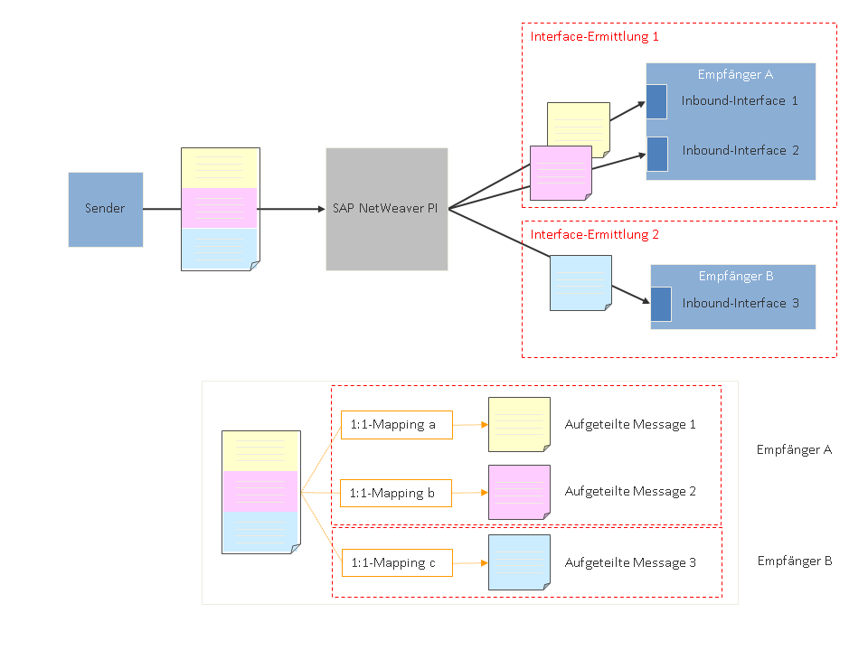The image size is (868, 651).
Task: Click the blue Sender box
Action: [x=106, y=209]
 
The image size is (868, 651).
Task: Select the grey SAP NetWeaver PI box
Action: [x=386, y=209]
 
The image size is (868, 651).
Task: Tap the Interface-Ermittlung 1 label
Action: [x=594, y=37]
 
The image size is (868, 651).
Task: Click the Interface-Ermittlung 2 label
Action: [x=594, y=234]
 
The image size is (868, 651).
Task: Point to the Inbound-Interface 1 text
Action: [x=740, y=100]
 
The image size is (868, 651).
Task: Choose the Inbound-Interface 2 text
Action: [x=741, y=150]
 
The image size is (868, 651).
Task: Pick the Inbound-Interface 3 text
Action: [x=741, y=303]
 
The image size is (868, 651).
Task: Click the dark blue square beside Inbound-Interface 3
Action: [x=661, y=304]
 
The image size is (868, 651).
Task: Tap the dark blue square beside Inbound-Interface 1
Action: [x=656, y=101]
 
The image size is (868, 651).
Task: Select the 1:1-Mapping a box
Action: [x=396, y=424]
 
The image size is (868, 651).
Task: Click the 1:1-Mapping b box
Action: [x=396, y=493]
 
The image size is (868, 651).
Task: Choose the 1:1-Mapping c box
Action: [x=396, y=562]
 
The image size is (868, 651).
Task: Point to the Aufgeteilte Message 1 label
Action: [x=630, y=424]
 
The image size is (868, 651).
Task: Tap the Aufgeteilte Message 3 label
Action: [x=630, y=562]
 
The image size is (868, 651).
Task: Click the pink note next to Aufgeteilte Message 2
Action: [x=519, y=492]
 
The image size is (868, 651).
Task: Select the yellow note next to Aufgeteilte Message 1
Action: [x=519, y=424]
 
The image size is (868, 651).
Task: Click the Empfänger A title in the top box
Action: [x=735, y=75]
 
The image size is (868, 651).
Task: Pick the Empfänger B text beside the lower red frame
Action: [x=794, y=561]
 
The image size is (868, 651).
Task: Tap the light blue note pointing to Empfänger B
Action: [x=580, y=283]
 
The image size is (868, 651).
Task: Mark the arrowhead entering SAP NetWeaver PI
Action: [x=320, y=209]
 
